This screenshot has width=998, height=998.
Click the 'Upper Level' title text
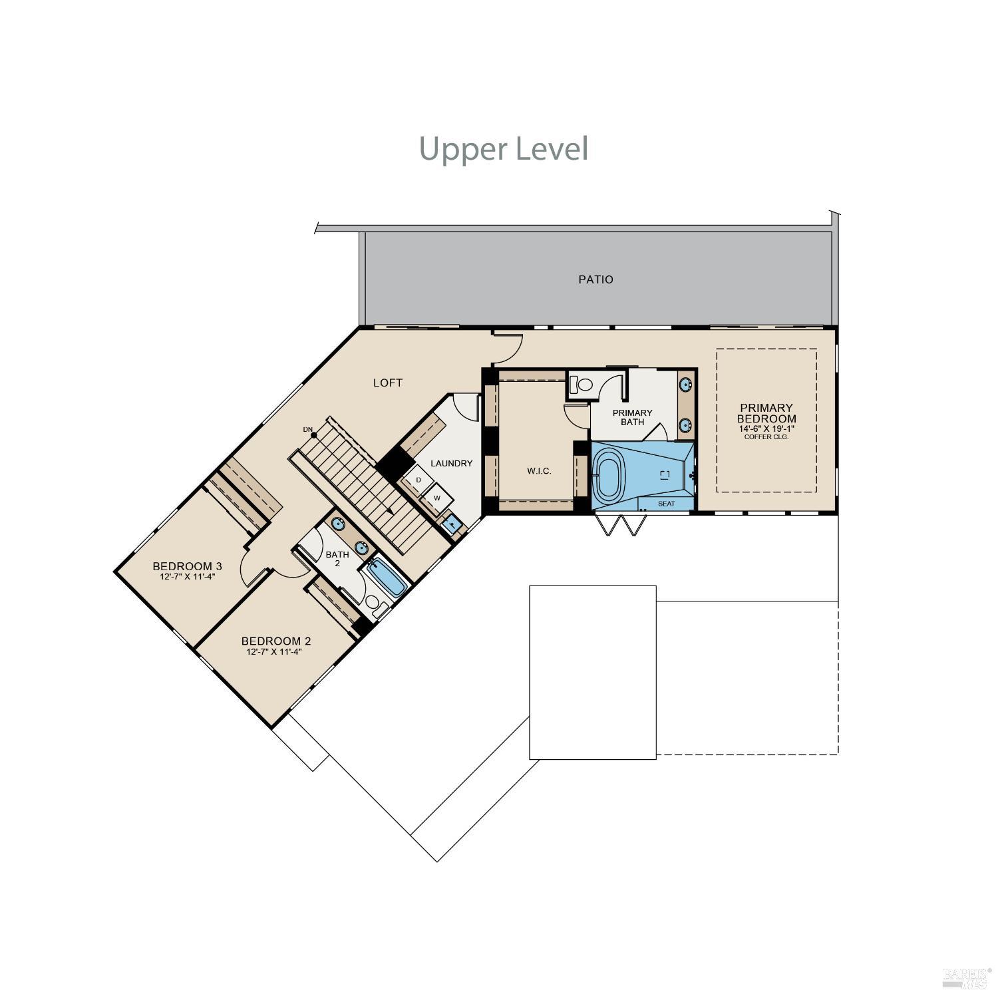[x=504, y=148]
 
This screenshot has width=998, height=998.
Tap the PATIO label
[x=595, y=279]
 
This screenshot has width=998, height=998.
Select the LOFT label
[x=387, y=383]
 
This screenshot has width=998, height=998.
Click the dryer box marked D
[x=418, y=480]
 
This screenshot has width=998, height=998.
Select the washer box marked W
[x=436, y=498]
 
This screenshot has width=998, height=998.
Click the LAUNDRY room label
[x=451, y=463]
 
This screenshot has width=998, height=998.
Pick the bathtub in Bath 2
[x=387, y=578]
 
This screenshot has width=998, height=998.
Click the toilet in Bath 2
[x=375, y=606]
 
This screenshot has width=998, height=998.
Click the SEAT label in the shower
[x=666, y=504]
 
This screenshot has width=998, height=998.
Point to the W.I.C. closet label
[x=539, y=470]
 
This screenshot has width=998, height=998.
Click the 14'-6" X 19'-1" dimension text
[x=766, y=428]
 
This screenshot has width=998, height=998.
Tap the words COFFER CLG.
[x=766, y=437]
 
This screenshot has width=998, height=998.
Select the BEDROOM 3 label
[x=187, y=566]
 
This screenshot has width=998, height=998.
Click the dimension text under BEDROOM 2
[x=274, y=652]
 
